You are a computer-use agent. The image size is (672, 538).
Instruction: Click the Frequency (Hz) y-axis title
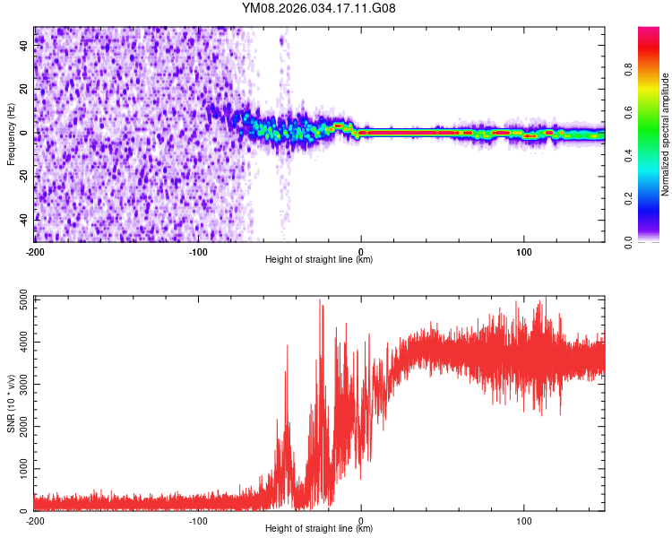(x=11, y=134)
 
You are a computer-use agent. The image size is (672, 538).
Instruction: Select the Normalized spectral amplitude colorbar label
(x=665, y=134)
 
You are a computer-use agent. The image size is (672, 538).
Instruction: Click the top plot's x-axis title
(x=319, y=259)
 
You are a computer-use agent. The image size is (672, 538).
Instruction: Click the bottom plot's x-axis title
(x=319, y=528)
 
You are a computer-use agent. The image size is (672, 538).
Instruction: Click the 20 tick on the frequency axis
(x=24, y=90)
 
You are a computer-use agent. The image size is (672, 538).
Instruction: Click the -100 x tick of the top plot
(x=197, y=250)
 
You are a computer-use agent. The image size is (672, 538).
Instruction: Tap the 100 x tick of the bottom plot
(x=524, y=520)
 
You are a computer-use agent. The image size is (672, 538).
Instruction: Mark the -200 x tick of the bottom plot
(x=34, y=520)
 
